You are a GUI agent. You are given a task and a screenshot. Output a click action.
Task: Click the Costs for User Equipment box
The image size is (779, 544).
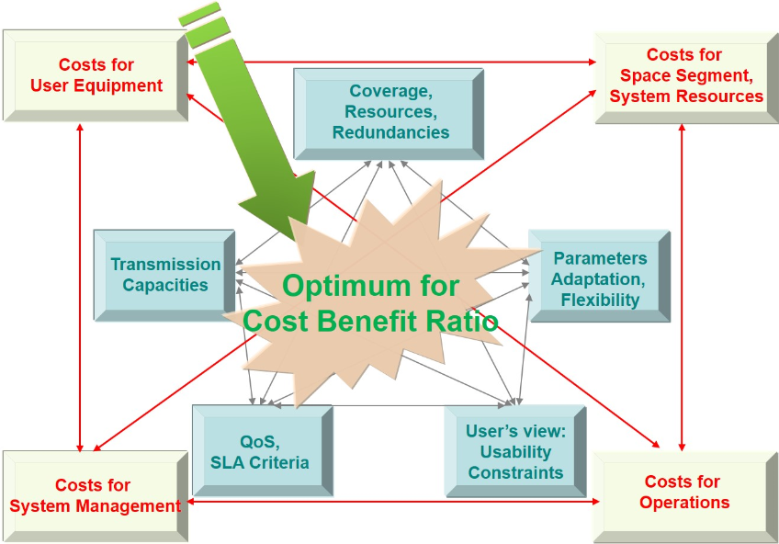(x=96, y=75)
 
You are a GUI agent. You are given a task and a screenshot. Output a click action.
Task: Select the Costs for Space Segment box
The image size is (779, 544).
(x=685, y=76)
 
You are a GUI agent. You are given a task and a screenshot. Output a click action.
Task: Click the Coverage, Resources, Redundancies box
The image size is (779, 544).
(x=389, y=112)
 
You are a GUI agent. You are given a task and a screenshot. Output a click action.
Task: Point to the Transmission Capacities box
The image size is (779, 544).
(x=165, y=275)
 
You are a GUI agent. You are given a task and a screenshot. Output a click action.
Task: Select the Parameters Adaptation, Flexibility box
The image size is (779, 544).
(x=600, y=278)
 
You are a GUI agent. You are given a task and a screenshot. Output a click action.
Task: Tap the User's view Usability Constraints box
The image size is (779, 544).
(x=514, y=452)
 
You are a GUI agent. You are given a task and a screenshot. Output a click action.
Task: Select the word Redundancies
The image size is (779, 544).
(x=390, y=132)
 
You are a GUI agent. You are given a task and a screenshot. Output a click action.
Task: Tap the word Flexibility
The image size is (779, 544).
(x=600, y=300)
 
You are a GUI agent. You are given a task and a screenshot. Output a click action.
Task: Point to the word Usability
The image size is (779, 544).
(x=515, y=452)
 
